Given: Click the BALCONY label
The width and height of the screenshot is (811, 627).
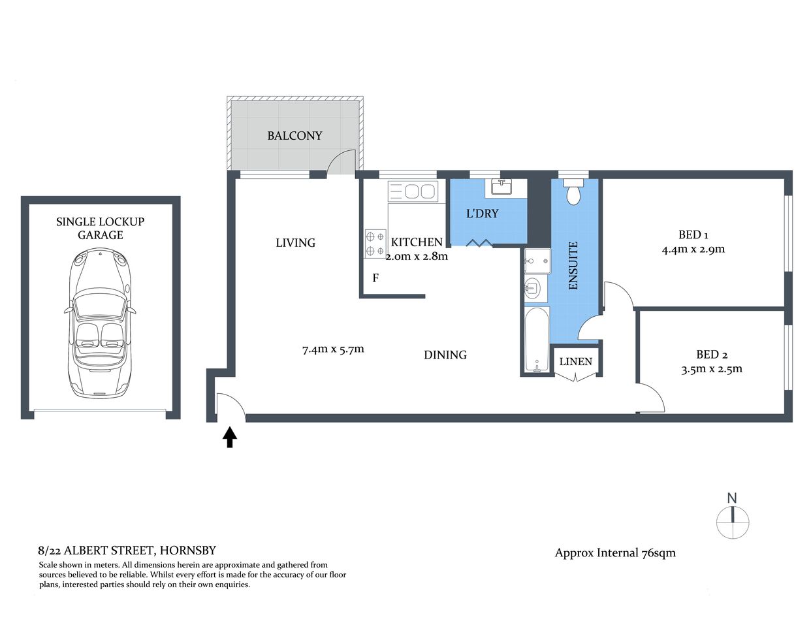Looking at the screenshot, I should click(x=294, y=136).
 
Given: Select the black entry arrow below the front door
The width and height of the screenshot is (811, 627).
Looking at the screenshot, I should click(x=229, y=437).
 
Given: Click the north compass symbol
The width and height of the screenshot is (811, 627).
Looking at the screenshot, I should click(x=732, y=519).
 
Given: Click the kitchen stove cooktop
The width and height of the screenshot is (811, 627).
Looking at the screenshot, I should click(x=375, y=244).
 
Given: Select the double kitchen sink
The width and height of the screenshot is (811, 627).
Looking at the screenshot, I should click(x=413, y=191).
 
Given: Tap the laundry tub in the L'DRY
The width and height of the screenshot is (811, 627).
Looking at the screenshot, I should click(x=501, y=187).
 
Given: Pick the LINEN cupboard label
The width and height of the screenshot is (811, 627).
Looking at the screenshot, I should click(x=576, y=361).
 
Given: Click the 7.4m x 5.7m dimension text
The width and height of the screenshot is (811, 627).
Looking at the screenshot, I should click(x=333, y=349).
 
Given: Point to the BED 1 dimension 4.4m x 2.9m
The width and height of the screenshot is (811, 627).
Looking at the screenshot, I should click(x=693, y=249).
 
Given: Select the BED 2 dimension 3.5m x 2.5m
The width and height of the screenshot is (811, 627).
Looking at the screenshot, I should click(x=712, y=368).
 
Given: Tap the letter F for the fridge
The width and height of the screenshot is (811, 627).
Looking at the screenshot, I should click(x=375, y=278).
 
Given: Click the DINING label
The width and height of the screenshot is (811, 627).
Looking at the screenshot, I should click(x=445, y=355).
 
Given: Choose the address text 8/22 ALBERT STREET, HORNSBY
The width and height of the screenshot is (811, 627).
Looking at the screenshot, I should click(x=127, y=551).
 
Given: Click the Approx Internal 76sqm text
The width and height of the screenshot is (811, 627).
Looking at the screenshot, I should click(x=615, y=553).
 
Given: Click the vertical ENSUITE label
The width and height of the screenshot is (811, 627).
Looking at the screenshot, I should click(x=573, y=266).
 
